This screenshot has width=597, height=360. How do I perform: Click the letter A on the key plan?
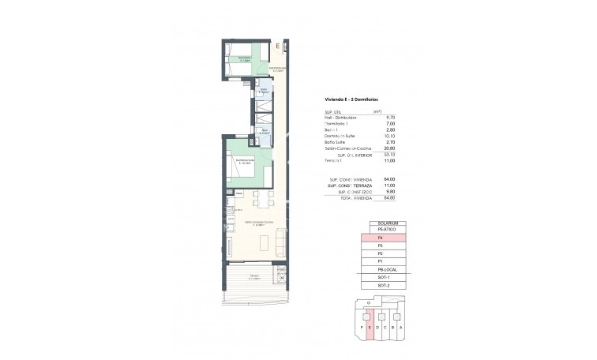point(404,326)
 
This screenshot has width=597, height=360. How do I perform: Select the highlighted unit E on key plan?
point(370,328)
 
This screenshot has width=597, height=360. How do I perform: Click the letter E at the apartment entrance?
point(278,48)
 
